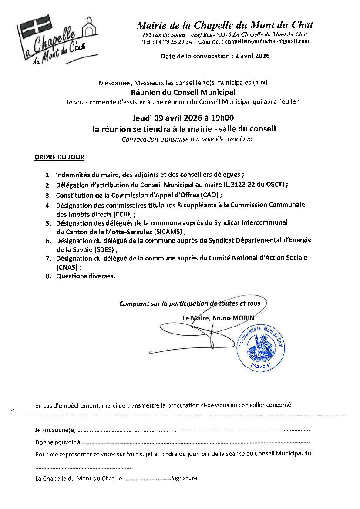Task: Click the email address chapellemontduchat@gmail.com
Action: (266, 41)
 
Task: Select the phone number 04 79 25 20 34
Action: (173, 41)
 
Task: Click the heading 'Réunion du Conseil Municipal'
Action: (183, 92)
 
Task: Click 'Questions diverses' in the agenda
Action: (86, 276)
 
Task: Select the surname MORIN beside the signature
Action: (242, 318)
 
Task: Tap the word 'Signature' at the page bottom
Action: (185, 478)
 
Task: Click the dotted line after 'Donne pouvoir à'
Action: (196, 443)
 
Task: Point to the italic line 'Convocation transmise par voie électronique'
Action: (187, 139)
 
